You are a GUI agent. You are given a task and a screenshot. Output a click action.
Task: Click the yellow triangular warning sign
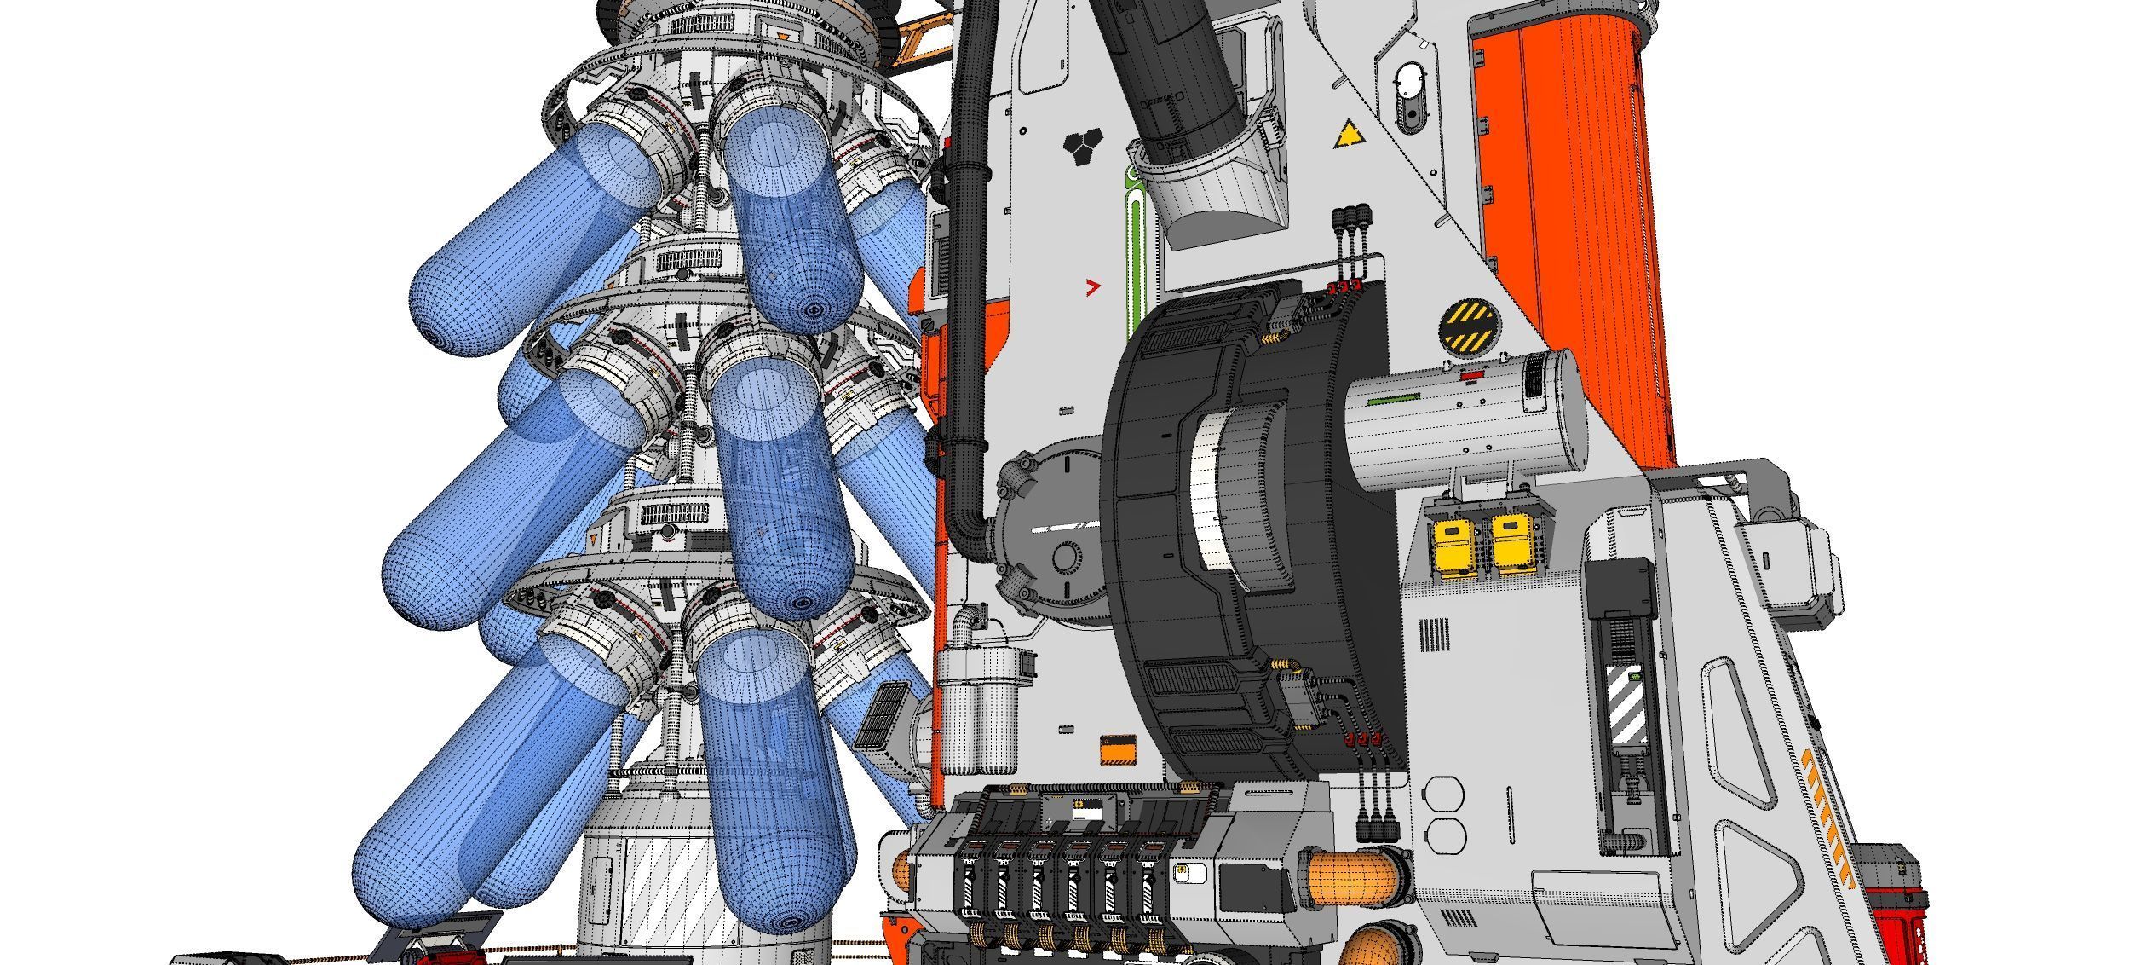point(1347,136)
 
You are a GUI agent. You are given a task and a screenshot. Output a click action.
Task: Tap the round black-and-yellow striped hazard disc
point(1467,327)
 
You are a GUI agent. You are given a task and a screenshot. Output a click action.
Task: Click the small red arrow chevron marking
point(1092,287)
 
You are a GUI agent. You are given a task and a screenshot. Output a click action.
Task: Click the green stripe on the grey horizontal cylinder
point(1393,397)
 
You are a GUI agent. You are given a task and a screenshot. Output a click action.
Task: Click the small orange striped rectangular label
point(1119,751)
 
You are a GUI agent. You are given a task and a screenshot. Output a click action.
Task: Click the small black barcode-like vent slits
point(1434,635)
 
